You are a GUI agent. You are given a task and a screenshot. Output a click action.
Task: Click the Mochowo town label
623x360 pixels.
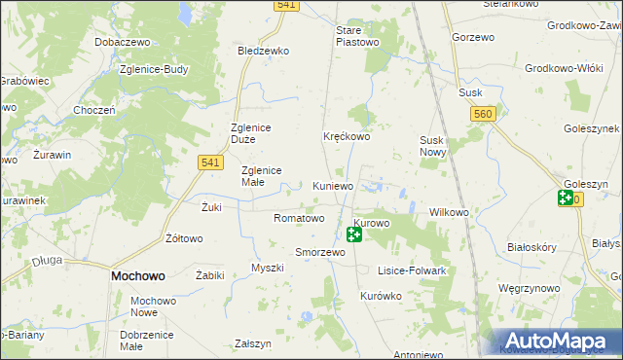click(137, 276)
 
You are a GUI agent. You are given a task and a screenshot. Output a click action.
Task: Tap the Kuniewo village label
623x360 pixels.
click(334, 185)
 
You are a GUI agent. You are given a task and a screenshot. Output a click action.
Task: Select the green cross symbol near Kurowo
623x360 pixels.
click(354, 234)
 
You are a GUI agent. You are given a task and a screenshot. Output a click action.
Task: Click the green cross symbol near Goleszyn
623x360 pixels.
click(566, 198)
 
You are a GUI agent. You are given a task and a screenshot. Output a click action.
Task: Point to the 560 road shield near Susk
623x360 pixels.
click(481, 115)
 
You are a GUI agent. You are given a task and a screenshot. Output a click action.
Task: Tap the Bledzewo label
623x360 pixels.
click(264, 50)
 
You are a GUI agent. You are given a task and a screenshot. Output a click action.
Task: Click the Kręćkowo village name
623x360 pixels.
click(347, 137)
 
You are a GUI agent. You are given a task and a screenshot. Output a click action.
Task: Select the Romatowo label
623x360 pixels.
click(299, 219)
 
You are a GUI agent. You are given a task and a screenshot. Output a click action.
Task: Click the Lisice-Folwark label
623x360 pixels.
click(413, 270)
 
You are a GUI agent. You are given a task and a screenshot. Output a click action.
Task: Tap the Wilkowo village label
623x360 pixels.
click(450, 211)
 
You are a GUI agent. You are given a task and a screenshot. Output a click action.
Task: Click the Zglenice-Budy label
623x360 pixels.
click(152, 70)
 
